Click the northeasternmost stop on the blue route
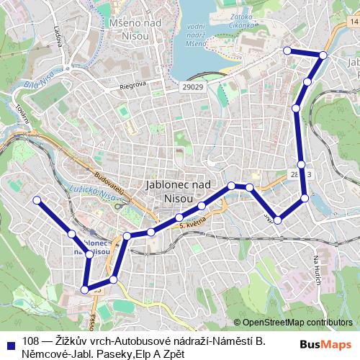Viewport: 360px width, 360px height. [x=323, y=55]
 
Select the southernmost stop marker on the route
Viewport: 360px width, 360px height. [x=85, y=289]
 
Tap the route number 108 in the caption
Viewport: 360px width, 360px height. [x=30, y=341]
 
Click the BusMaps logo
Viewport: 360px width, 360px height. [x=325, y=346]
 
